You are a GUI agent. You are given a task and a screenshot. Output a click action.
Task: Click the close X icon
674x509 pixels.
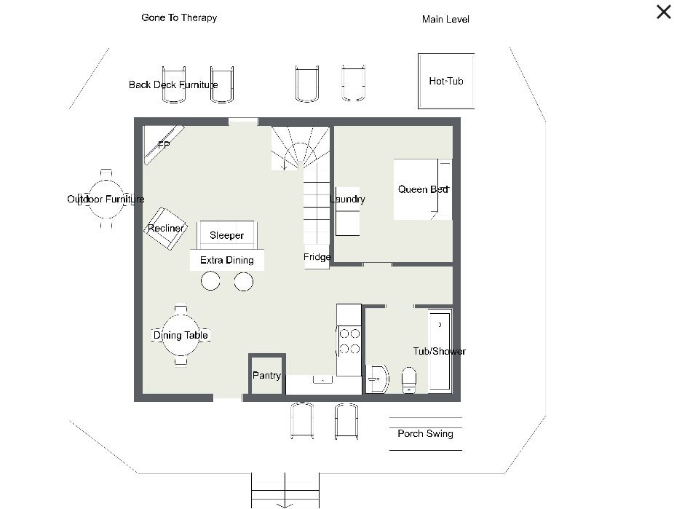(664, 12)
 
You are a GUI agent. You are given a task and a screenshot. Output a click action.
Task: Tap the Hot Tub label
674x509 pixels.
(446, 81)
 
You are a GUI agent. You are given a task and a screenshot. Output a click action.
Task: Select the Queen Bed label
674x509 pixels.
(424, 189)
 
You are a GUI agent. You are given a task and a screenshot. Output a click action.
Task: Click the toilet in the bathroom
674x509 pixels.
(409, 380)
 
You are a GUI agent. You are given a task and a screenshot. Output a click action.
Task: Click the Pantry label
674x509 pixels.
(266, 375)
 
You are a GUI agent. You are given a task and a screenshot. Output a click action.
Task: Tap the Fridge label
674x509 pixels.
(317, 256)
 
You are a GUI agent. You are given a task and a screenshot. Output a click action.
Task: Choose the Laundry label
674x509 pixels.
(347, 199)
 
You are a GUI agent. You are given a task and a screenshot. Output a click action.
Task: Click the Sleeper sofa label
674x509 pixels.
(226, 235)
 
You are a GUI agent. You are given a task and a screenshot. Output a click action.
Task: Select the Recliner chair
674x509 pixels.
(165, 228)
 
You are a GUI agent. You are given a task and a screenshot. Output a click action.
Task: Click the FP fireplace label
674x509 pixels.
(164, 145)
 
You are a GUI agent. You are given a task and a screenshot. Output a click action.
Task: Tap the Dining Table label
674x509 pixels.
(181, 335)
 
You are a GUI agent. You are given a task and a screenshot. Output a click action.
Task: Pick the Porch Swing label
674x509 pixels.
(426, 433)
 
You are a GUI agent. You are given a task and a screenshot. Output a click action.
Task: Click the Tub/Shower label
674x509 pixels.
(440, 351)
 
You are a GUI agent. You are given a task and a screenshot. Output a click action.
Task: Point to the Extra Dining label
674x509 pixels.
(227, 260)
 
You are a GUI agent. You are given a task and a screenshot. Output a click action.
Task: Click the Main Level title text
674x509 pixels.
(445, 20)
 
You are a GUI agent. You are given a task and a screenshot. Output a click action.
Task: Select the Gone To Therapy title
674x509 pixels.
(179, 17)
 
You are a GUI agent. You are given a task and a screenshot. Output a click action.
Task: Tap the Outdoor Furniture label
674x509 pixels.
(106, 199)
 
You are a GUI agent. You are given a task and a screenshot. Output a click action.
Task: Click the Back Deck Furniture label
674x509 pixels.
(173, 84)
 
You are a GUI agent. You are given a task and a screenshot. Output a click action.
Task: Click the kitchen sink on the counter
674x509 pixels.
(322, 379)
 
